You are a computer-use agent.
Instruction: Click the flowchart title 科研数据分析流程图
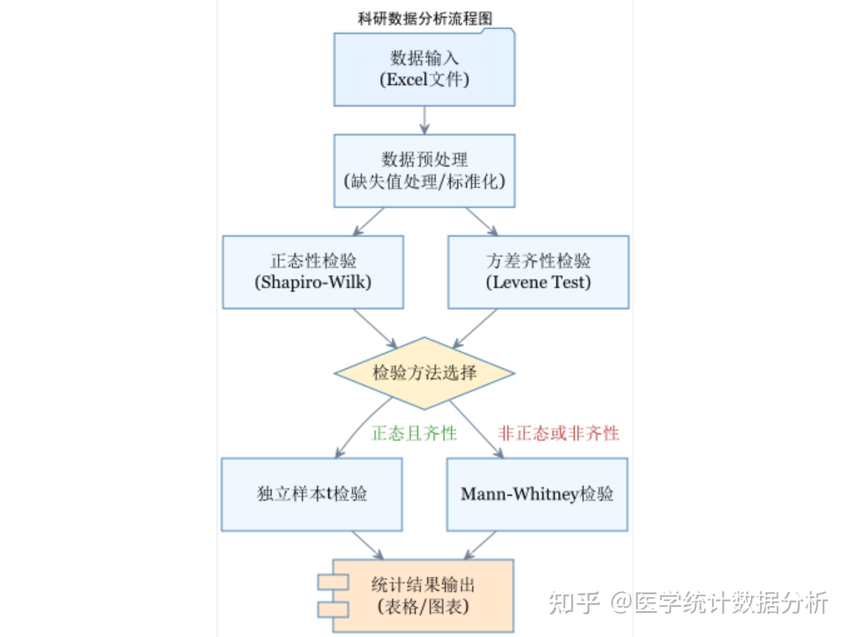(425, 18)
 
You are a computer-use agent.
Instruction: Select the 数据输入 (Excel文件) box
(424, 69)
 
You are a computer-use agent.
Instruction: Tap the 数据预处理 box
(424, 171)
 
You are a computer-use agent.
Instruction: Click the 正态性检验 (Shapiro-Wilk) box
(313, 272)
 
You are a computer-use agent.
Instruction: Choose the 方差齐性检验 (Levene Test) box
(538, 272)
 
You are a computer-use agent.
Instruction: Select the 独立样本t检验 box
(312, 494)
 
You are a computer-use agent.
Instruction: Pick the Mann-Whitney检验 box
(537, 494)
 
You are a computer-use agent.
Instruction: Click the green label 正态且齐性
(414, 434)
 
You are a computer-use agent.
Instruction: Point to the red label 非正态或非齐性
(558, 434)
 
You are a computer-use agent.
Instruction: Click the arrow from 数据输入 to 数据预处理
(424, 120)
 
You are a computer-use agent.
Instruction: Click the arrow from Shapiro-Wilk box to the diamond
(375, 328)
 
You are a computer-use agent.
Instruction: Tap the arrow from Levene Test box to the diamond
(475, 328)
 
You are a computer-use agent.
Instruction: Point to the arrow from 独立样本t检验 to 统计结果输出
(367, 545)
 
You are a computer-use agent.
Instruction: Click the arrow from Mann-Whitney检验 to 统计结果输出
(480, 545)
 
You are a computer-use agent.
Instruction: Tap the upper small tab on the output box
(333, 582)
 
